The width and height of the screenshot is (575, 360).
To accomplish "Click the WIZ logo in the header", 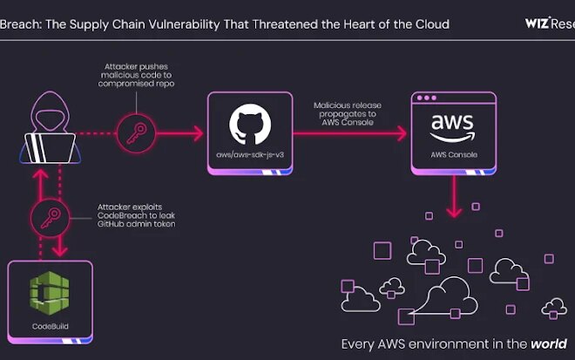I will pyautogui.click(x=536, y=24).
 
